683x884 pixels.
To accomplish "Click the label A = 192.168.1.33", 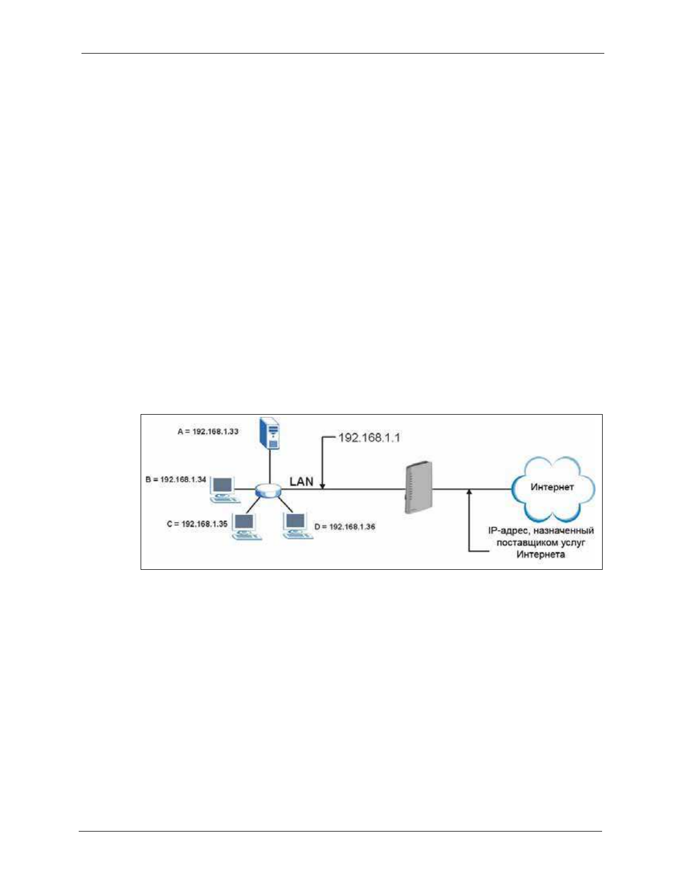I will [x=208, y=431].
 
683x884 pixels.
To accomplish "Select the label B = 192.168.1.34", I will [x=176, y=479].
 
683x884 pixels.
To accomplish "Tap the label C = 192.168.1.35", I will [x=197, y=524].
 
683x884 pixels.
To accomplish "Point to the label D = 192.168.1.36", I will [x=345, y=526].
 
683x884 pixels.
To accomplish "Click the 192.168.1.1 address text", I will [x=369, y=438].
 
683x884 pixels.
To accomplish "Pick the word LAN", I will [x=301, y=481].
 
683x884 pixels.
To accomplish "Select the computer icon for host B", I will [x=223, y=488].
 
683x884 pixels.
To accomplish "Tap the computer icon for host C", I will [x=246, y=526].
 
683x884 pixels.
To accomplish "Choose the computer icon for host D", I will [x=296, y=525].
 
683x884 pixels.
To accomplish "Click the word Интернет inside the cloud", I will [x=552, y=487].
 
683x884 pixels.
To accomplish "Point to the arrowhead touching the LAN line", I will [x=323, y=487].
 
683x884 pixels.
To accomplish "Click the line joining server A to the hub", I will [x=270, y=467].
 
